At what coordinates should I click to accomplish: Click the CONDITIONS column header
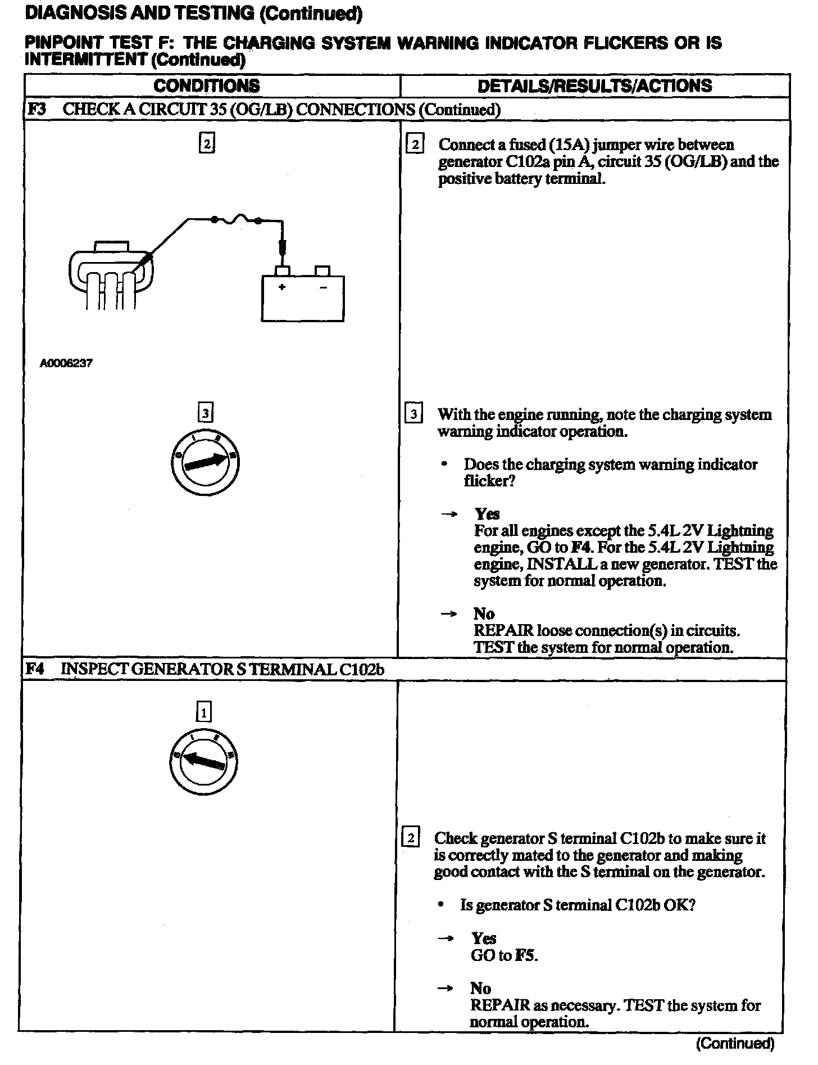click(x=207, y=86)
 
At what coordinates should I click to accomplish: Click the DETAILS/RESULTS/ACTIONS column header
click(x=594, y=86)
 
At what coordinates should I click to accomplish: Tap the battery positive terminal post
click(x=283, y=270)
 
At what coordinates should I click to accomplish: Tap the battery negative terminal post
click(x=322, y=271)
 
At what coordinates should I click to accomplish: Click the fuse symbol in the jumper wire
click(x=236, y=219)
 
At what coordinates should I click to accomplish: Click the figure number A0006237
click(x=66, y=363)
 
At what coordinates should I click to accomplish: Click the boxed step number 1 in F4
click(x=203, y=713)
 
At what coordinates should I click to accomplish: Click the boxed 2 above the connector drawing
click(x=207, y=144)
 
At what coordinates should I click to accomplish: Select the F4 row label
click(x=35, y=669)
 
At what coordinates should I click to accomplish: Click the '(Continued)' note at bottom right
click(x=735, y=1044)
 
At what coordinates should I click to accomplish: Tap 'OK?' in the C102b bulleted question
click(x=681, y=905)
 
